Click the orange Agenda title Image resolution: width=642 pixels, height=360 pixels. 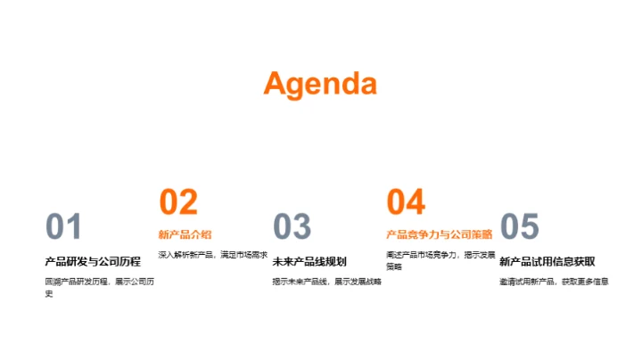point(320,84)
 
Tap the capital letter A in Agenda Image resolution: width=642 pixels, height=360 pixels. point(276,83)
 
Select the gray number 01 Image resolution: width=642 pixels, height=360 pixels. point(63,227)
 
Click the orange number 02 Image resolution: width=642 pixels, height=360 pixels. point(178,202)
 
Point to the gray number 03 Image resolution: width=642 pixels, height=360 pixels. point(292,227)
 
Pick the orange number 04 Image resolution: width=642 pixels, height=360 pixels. point(406,202)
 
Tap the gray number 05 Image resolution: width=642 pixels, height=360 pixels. point(520,227)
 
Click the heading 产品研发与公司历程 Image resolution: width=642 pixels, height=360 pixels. point(93,262)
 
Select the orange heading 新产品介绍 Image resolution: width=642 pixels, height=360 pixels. point(185,234)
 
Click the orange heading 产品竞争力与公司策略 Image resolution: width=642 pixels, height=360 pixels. point(439,234)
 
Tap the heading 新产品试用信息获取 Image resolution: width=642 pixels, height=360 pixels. point(547,262)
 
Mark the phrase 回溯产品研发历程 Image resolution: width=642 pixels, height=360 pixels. point(76,282)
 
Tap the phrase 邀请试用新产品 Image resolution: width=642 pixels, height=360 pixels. point(527,282)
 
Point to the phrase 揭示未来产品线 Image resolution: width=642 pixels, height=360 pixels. point(299,282)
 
